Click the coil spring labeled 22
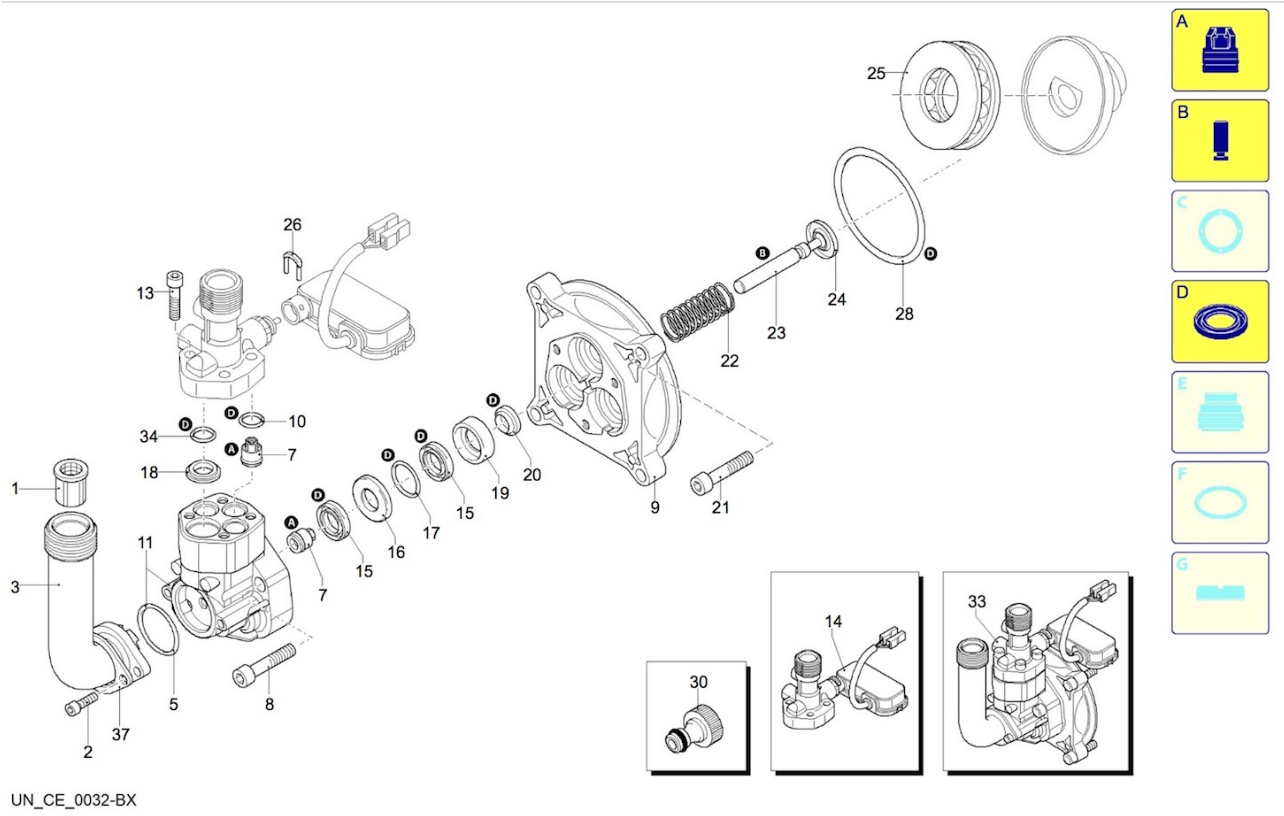click(697, 312)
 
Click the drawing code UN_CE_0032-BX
click(74, 800)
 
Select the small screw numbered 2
click(81, 704)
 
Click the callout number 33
click(976, 602)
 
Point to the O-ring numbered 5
click(159, 629)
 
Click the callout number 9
click(655, 507)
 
